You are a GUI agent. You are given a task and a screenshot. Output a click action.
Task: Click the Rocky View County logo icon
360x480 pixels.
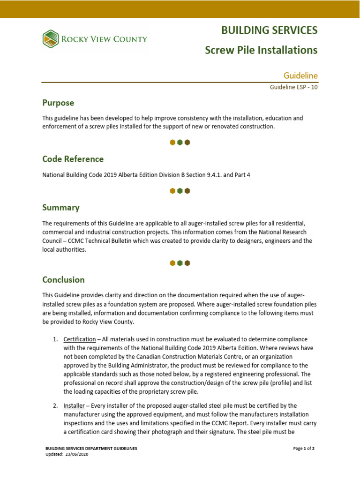click(51, 39)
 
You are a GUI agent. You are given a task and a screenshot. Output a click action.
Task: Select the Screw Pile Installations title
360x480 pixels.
click(261, 50)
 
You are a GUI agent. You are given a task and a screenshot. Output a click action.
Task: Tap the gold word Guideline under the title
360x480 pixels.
click(301, 75)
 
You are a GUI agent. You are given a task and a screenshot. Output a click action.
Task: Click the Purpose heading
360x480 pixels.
click(58, 103)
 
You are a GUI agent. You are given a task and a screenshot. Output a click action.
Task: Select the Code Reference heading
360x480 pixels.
click(73, 159)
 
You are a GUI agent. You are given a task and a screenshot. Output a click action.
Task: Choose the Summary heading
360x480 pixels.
click(61, 207)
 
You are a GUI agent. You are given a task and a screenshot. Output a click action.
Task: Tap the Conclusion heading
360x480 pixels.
click(63, 280)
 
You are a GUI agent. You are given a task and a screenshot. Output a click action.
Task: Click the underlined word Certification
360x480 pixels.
click(80, 339)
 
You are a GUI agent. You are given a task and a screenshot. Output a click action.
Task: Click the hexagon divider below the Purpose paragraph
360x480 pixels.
click(180, 142)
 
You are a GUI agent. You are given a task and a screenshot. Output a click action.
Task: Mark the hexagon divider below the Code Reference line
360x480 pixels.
click(180, 191)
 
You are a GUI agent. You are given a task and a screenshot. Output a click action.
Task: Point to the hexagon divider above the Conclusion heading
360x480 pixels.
click(180, 263)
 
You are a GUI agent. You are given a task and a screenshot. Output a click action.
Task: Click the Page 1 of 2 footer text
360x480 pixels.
click(304, 449)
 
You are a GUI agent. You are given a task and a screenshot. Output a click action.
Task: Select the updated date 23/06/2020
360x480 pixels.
click(76, 455)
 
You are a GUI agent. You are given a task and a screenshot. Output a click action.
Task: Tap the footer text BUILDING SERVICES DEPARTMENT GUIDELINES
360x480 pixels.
click(91, 449)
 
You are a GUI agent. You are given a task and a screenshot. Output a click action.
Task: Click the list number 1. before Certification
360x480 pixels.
click(55, 339)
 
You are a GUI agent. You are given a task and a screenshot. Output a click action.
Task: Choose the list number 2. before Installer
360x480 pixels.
click(55, 405)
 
